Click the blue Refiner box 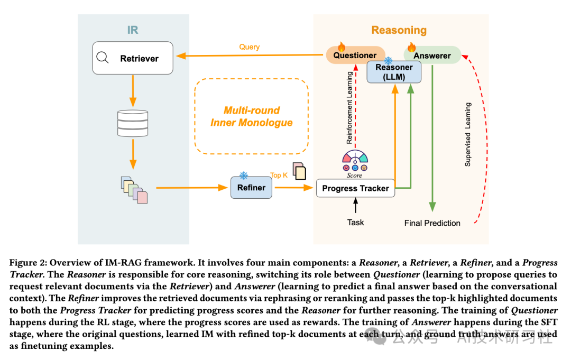pyautogui.click(x=251, y=187)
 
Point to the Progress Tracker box pyautogui.click(x=355, y=188)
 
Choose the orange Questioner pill pyautogui.click(x=355, y=56)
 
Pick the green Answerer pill pyautogui.click(x=432, y=56)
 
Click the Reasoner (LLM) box pyautogui.click(x=394, y=72)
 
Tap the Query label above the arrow pyautogui.click(x=249, y=47)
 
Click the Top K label pyautogui.click(x=279, y=175)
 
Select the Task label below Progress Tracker pyautogui.click(x=355, y=223)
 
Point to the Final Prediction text pyautogui.click(x=432, y=223)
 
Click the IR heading pyautogui.click(x=133, y=30)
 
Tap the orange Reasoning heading pyautogui.click(x=399, y=30)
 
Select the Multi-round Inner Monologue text pyautogui.click(x=251, y=116)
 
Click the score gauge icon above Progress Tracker pyautogui.click(x=355, y=158)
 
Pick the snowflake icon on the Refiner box pyautogui.click(x=244, y=176)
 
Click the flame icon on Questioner pyautogui.click(x=341, y=47)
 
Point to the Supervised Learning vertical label pyautogui.click(x=468, y=135)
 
